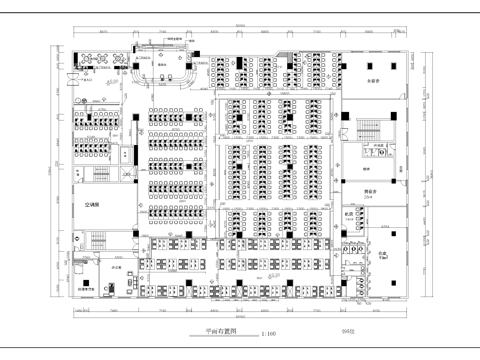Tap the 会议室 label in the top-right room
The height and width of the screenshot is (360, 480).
pos(373,79)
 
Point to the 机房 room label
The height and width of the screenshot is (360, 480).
pos(350,214)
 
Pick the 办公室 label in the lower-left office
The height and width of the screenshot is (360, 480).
pos(117,269)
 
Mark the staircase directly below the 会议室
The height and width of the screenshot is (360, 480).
pos(365,131)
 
